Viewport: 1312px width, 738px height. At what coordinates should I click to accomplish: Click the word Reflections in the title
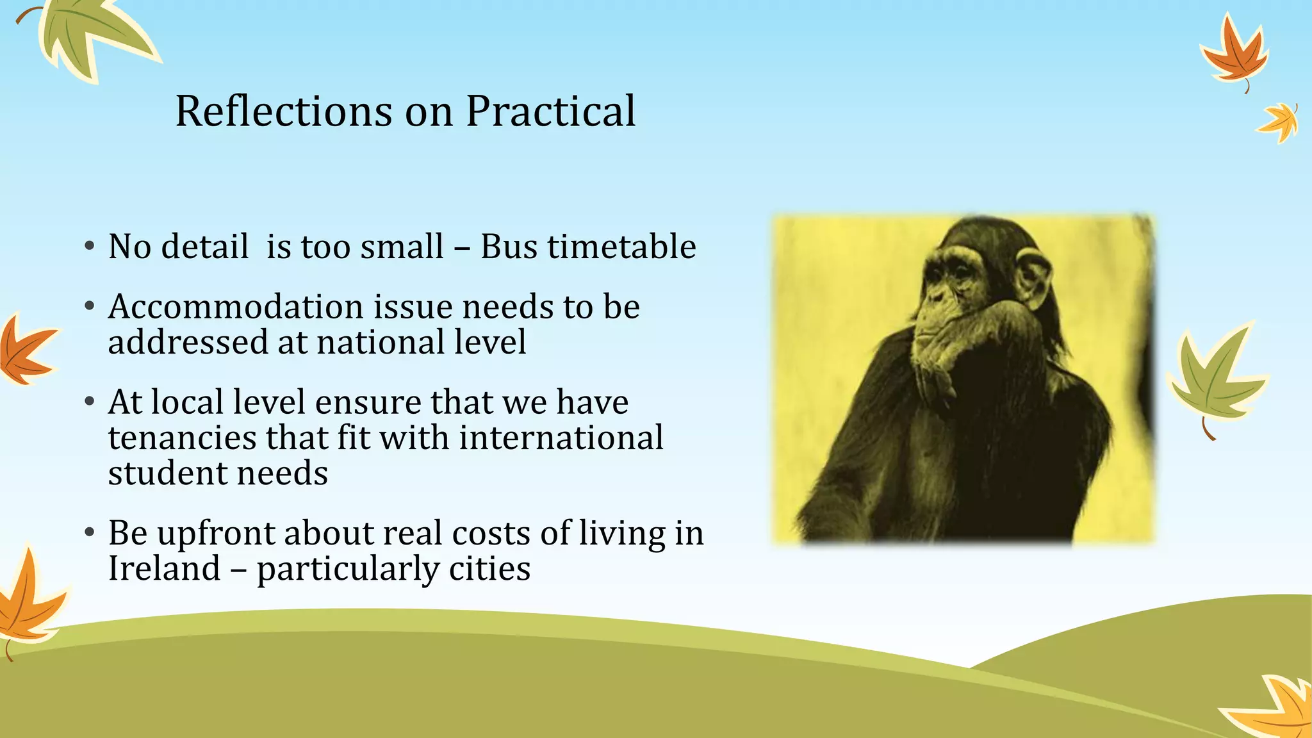click(x=282, y=111)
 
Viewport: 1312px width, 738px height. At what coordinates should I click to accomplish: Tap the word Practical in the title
click(x=550, y=111)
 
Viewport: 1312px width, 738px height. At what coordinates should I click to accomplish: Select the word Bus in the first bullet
click(x=509, y=247)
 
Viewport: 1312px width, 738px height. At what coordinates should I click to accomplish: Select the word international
click(x=561, y=438)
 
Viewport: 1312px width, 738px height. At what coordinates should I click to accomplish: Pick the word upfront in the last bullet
click(x=215, y=534)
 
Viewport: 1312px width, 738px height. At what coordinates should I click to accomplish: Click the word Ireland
click(x=164, y=569)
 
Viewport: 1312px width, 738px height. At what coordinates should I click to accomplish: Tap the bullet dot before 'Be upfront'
click(x=90, y=533)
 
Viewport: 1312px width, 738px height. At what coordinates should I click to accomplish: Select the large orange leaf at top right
click(x=1233, y=54)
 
